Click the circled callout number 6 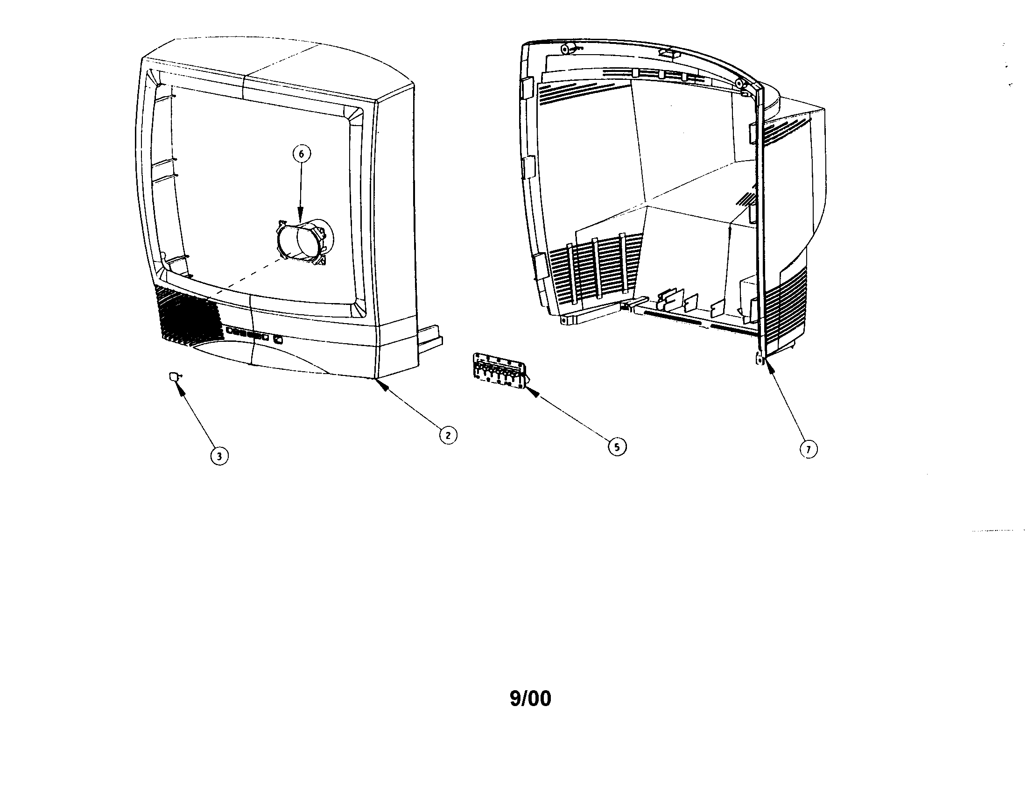(x=302, y=154)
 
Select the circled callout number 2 (x=448, y=435)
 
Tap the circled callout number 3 (x=219, y=455)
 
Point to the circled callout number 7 (x=809, y=450)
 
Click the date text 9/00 (x=530, y=699)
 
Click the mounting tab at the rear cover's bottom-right (x=760, y=359)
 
